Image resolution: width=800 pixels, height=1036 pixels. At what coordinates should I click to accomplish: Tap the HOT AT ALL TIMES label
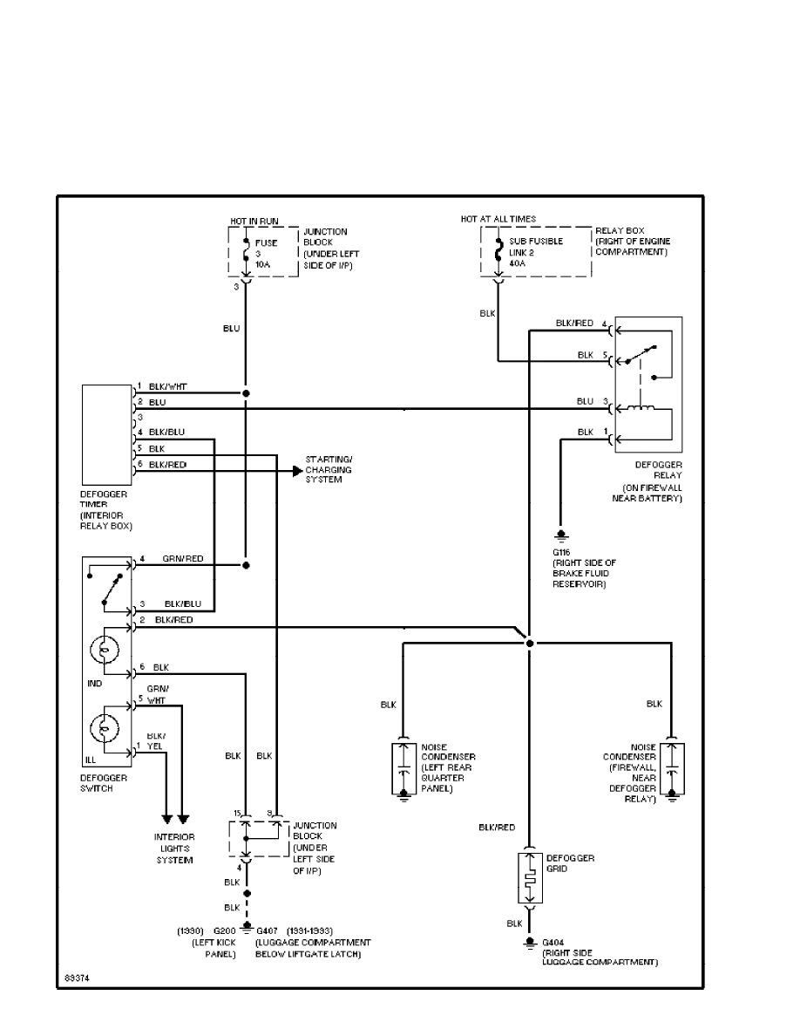pos(498,219)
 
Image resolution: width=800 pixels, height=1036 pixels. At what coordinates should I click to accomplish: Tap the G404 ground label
pos(553,943)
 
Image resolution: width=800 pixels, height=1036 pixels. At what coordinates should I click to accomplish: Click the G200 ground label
pos(224,931)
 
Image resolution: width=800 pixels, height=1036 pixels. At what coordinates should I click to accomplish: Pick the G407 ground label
pos(269,931)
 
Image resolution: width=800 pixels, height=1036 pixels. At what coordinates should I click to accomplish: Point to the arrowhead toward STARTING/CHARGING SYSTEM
pos(296,470)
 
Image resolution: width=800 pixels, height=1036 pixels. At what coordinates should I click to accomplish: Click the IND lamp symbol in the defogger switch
pos(105,650)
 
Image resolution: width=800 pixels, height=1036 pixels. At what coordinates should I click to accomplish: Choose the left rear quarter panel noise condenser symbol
pos(403,767)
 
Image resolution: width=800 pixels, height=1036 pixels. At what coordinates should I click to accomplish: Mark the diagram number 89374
pos(76,978)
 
